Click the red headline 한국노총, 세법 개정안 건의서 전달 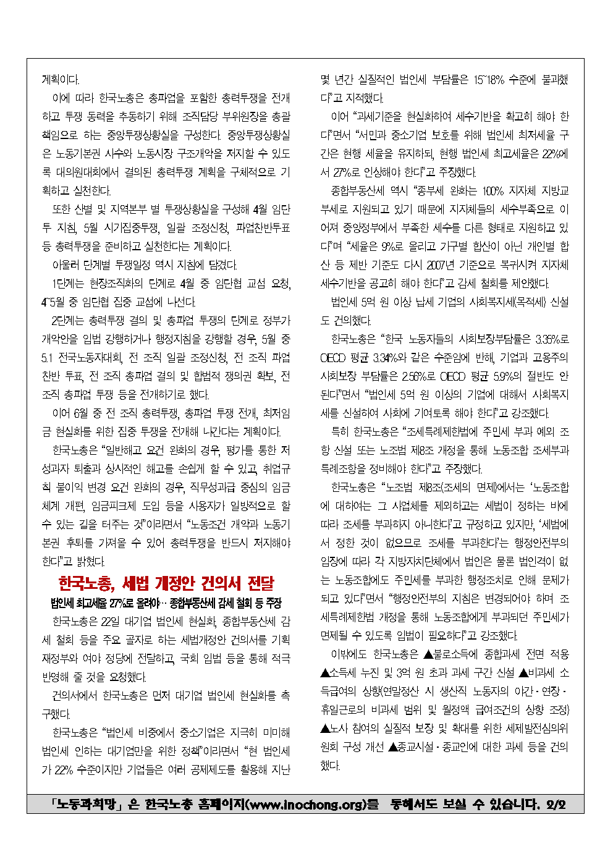(x=166, y=583)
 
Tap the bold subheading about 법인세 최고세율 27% (x=166, y=603)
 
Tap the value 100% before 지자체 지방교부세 (x=493, y=191)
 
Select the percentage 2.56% (x=413, y=376)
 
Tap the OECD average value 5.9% (x=507, y=376)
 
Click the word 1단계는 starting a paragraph (x=67, y=284)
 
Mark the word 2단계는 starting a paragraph (x=68, y=321)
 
